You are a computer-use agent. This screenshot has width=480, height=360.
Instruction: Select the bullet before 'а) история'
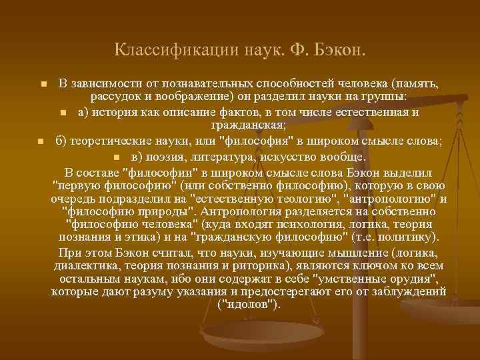click(63, 112)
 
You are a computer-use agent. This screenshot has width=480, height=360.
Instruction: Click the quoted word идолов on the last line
click(249, 305)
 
